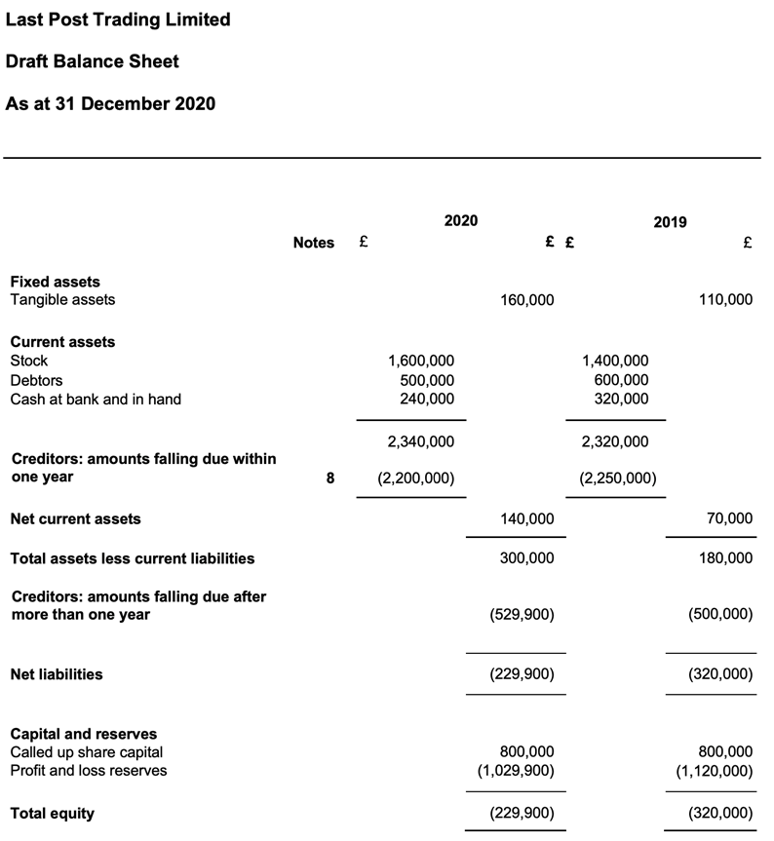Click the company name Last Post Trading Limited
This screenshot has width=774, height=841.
click(118, 19)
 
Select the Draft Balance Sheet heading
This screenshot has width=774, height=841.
click(93, 61)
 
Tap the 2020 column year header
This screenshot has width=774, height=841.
click(461, 221)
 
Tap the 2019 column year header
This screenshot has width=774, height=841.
click(670, 222)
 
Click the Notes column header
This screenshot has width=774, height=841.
click(313, 243)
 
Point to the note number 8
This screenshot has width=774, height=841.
click(329, 478)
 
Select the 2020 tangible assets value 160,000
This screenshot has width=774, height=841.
click(526, 300)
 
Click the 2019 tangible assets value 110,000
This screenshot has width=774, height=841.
click(725, 300)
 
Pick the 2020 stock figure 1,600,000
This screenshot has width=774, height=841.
click(420, 361)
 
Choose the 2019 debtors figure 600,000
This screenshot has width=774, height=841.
click(621, 380)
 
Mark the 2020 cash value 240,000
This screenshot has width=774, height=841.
click(427, 399)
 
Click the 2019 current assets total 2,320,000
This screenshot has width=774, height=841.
click(614, 441)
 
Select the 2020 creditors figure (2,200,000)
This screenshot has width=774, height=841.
click(415, 478)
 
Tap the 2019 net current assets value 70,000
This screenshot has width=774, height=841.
click(732, 519)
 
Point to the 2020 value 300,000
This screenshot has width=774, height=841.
click(526, 558)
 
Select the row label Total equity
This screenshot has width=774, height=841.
click(52, 813)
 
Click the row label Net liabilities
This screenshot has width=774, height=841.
click(57, 674)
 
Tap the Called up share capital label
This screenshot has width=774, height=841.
click(87, 752)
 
